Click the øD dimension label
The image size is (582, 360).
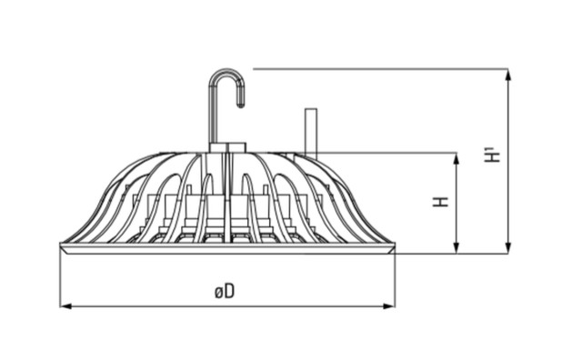point(225,291)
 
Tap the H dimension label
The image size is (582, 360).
point(441,201)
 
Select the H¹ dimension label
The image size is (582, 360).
point(493,155)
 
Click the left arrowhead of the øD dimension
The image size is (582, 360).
point(65,306)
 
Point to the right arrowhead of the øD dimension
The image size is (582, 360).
point(389,306)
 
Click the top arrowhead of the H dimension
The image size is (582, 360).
point(457,158)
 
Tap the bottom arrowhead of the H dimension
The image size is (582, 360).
point(457,248)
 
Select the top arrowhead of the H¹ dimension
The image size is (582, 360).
point(508,75)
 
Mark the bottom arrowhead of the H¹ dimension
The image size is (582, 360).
point(508,248)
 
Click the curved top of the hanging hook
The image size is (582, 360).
point(226,71)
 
